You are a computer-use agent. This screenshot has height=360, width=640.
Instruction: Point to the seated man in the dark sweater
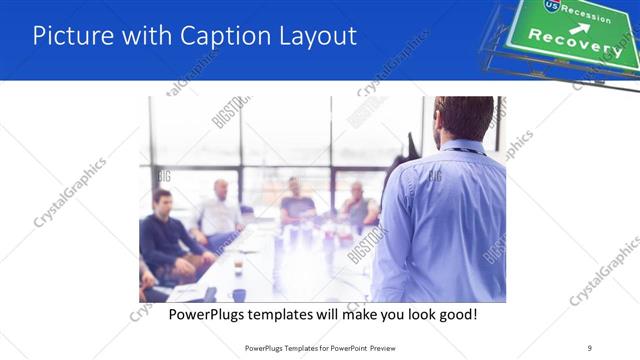click(x=164, y=235)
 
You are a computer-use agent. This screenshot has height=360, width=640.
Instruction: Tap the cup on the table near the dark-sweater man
click(x=238, y=267)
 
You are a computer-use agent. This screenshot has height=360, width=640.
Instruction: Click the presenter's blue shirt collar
click(x=461, y=148)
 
